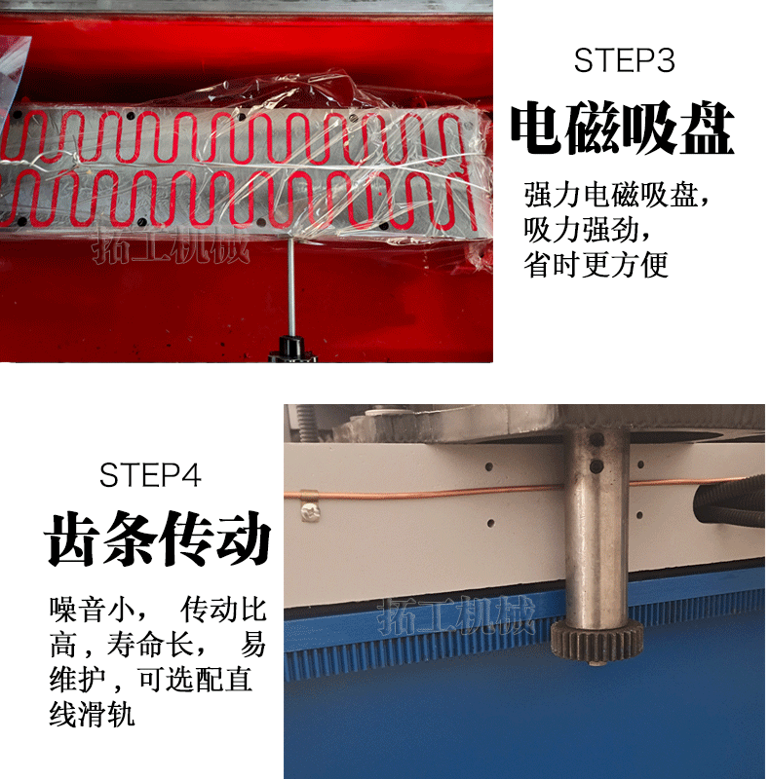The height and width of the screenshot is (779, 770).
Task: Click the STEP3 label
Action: click(624, 61)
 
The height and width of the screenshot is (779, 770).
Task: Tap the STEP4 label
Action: click(150, 475)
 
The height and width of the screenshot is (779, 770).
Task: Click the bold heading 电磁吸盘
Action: click(623, 128)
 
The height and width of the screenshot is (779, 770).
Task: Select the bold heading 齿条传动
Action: click(158, 538)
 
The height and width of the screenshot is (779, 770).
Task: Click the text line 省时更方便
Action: click(596, 265)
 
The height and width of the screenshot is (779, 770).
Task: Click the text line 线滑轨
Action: click(92, 715)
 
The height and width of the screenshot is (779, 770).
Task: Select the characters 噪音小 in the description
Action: click(92, 610)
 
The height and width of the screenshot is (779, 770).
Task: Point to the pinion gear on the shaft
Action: click(597, 640)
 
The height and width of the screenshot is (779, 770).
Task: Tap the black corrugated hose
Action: click(730, 501)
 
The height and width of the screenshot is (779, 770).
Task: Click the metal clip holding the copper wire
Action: click(310, 504)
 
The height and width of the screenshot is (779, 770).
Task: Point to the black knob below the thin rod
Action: click(292, 348)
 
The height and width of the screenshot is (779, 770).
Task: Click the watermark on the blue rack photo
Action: click(455, 616)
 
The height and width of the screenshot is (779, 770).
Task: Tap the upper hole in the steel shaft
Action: click(597, 440)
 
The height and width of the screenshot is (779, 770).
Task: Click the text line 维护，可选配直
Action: click(150, 680)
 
